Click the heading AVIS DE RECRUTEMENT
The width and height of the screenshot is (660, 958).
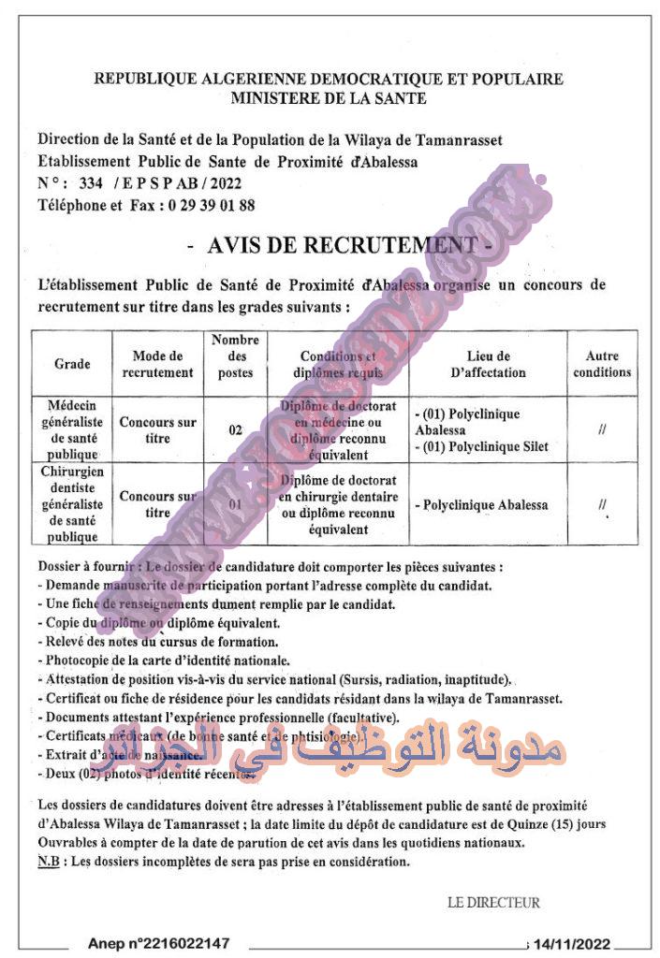[x=338, y=245]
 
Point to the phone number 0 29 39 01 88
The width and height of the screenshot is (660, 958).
[x=210, y=204]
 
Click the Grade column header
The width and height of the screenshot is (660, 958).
[x=72, y=364]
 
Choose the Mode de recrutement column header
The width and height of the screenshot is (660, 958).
[x=157, y=364]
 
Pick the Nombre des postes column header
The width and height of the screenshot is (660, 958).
[x=235, y=356]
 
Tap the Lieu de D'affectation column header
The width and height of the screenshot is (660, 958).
[x=488, y=364]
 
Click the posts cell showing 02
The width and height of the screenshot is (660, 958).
[x=235, y=430]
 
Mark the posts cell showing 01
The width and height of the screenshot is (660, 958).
[x=235, y=505]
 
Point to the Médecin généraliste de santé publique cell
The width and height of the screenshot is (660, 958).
[x=72, y=429]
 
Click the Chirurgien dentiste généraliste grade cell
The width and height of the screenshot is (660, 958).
[x=72, y=505]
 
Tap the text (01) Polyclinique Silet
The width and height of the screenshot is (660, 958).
[x=486, y=446]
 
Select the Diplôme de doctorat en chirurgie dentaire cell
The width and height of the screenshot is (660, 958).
[x=338, y=505]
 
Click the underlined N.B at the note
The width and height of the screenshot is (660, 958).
[x=48, y=862]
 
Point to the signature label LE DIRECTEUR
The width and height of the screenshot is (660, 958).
[x=493, y=903]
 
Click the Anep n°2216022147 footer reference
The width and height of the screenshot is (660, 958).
[x=158, y=944]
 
